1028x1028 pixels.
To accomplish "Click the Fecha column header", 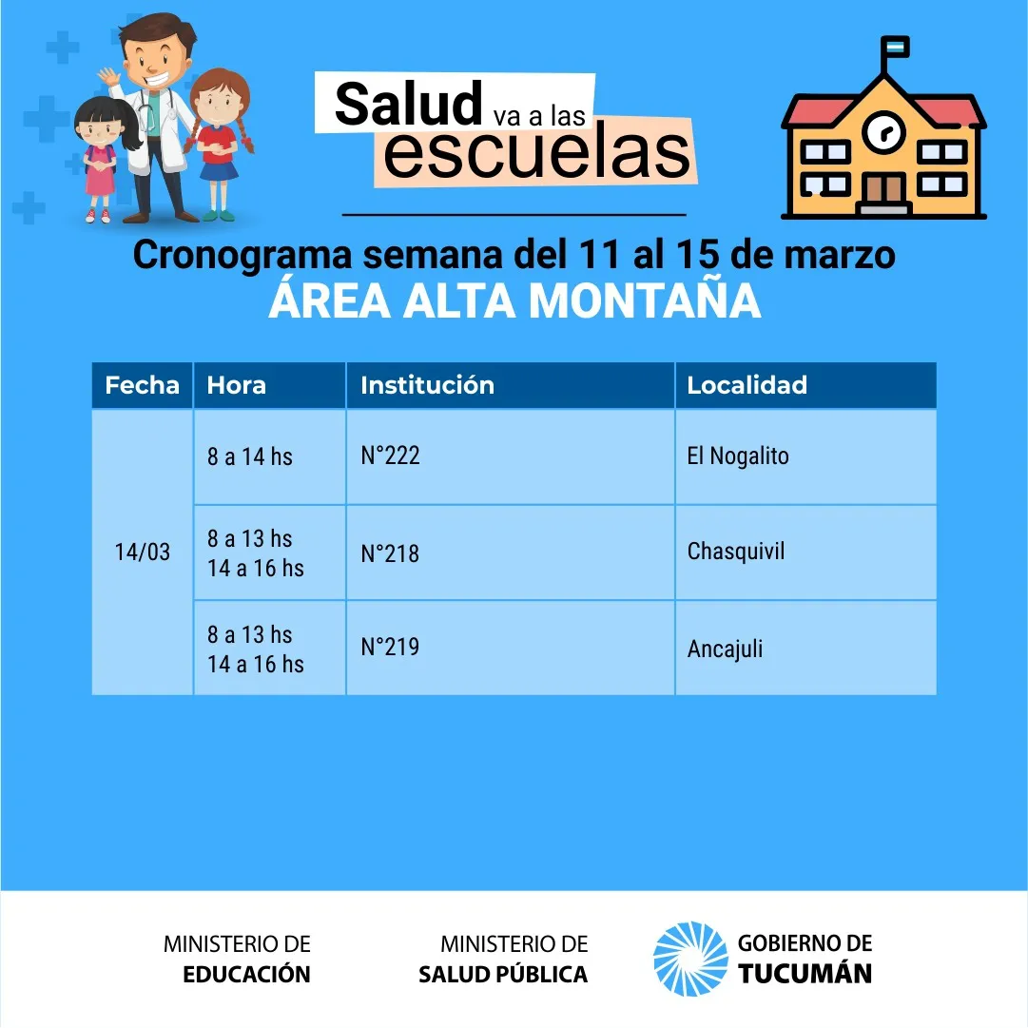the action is click(x=143, y=385).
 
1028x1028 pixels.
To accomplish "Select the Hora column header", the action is click(x=236, y=385).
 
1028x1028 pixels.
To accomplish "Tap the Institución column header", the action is click(x=427, y=385).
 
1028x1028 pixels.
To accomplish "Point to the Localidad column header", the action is click(x=747, y=385).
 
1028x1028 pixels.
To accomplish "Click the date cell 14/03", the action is click(x=143, y=552).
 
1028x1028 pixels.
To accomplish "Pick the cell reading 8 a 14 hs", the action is click(x=250, y=456).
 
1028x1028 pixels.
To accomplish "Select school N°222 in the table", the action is click(x=390, y=455).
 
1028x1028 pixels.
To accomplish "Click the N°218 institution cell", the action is click(x=390, y=553).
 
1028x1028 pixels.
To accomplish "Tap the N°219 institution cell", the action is click(x=390, y=647).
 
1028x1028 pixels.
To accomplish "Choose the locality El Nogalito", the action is click(x=738, y=456).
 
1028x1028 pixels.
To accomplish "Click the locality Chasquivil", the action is click(x=736, y=552).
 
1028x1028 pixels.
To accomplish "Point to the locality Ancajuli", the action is click(x=725, y=650).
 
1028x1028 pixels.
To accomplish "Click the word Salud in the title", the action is click(x=409, y=104).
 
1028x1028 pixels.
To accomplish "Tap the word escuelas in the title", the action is click(x=536, y=153).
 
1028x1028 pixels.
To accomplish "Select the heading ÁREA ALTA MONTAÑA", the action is click(x=514, y=301).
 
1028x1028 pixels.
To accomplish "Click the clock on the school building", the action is click(x=883, y=131).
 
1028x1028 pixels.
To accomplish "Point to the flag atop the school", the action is click(x=894, y=48).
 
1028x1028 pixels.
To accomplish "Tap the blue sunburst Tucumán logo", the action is click(x=690, y=959).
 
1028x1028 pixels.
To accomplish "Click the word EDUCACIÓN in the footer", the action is click(x=246, y=974).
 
